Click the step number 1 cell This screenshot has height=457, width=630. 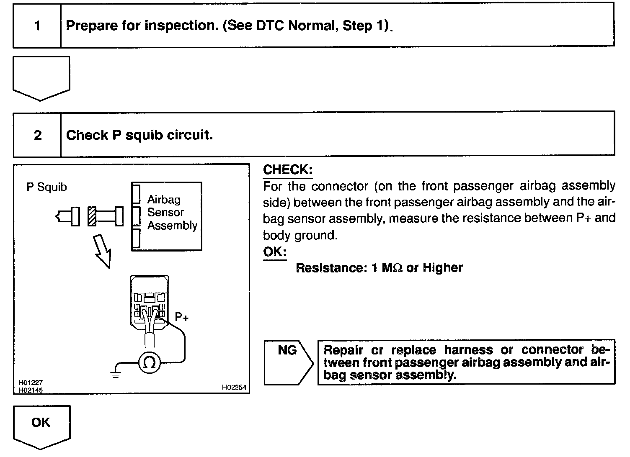[x=37, y=26]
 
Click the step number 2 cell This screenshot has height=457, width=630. [x=38, y=135]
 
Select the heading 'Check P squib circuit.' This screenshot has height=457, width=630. [x=139, y=135]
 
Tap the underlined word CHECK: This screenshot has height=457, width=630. [x=288, y=169]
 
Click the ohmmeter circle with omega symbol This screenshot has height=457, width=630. [x=150, y=363]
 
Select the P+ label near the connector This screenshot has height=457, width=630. [x=182, y=318]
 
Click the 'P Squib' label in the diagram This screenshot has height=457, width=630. [x=46, y=187]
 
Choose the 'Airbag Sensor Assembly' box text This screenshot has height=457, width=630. [x=172, y=213]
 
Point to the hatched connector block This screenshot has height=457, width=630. [x=93, y=216]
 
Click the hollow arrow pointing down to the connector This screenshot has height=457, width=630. [x=102, y=251]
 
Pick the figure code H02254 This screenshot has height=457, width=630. [x=234, y=388]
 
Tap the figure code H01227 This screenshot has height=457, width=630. [x=30, y=383]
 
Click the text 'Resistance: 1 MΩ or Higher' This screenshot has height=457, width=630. [x=379, y=268]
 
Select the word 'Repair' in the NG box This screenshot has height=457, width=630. [x=344, y=350]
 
